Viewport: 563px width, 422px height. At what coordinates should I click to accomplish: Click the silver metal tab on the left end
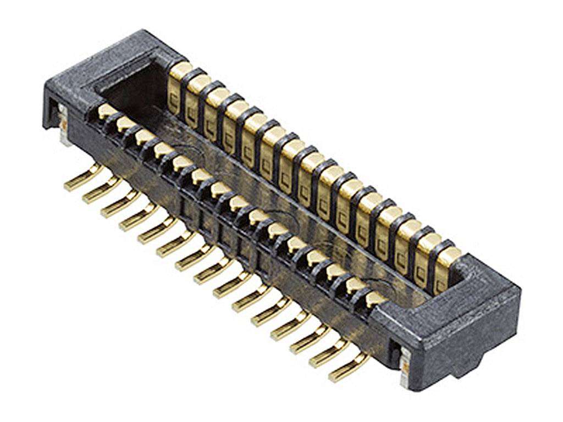pos(64,124)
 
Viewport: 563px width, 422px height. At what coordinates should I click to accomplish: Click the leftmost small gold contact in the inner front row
pos(106,112)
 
